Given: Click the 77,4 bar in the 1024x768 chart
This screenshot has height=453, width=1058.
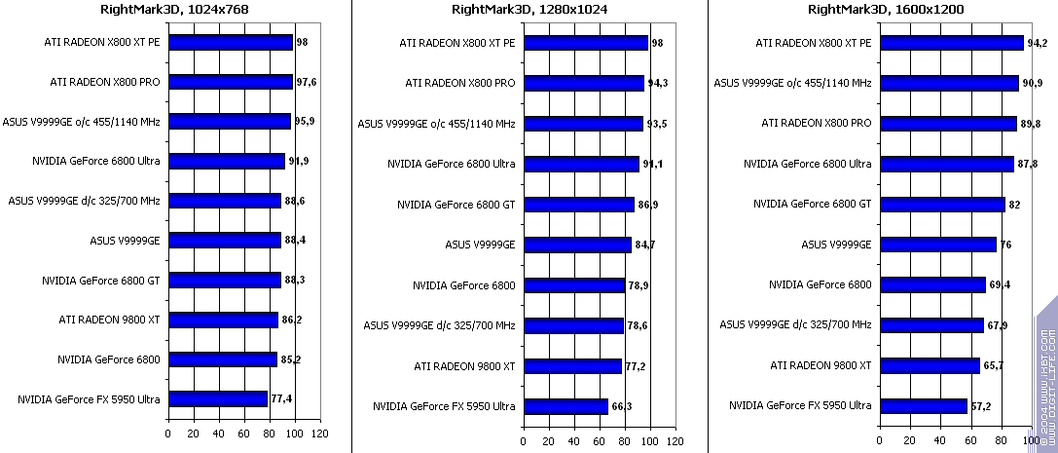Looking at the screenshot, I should tap(217, 399).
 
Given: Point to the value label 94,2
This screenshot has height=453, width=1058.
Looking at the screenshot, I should tap(1037, 43).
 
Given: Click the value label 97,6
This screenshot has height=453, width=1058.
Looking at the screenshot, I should tap(307, 82).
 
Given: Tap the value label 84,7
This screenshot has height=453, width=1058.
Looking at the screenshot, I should tap(644, 245).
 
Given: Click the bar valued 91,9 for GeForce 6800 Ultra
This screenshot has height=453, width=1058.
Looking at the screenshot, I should tap(226, 161).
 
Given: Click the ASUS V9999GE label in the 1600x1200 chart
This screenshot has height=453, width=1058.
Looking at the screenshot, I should tap(836, 244).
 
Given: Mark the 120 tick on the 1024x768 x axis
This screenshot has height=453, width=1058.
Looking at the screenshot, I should tap(320, 434).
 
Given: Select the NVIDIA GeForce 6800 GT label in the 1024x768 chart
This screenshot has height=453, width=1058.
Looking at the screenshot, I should tap(100, 281).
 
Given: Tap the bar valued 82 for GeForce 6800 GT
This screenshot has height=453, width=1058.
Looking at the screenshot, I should tap(942, 205).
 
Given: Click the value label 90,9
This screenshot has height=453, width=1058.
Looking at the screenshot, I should tap(1033, 84).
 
